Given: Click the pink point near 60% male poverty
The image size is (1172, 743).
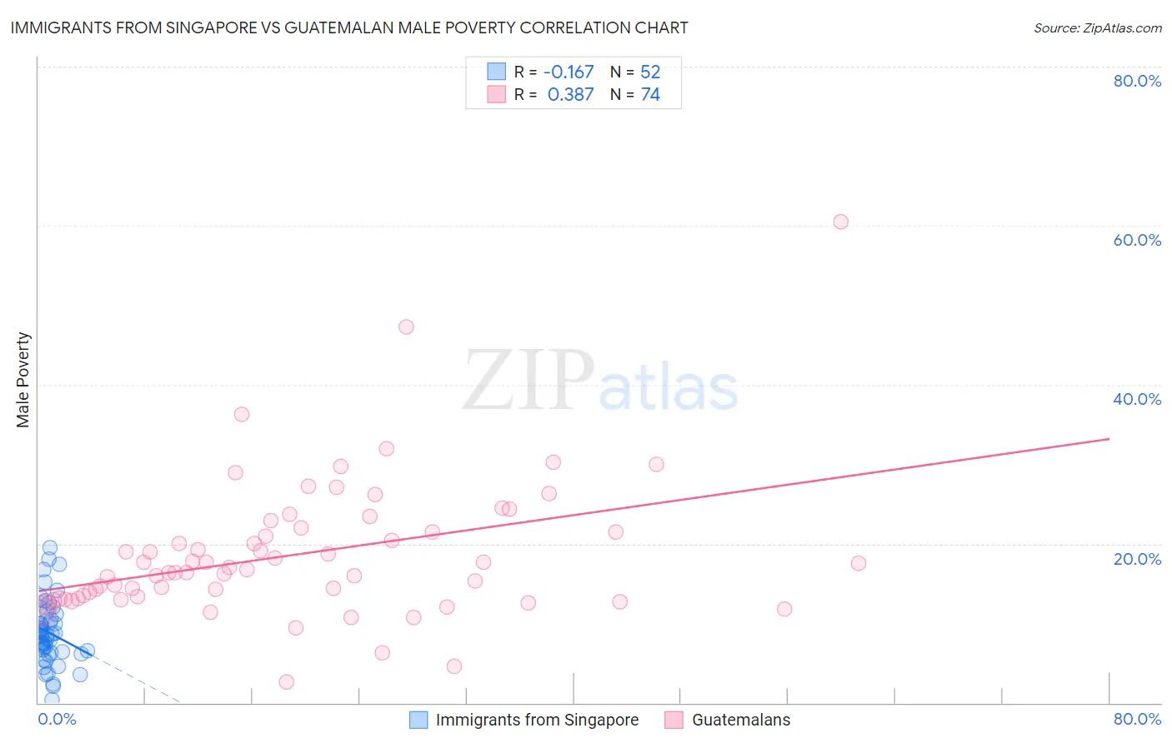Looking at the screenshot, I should point(840,222).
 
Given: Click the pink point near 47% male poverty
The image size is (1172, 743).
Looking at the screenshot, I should point(406,327).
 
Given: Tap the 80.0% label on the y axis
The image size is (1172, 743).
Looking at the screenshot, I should point(1137,81).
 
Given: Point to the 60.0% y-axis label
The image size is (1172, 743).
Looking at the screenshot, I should point(1137,240).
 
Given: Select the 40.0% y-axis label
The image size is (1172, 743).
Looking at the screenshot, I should point(1137,399).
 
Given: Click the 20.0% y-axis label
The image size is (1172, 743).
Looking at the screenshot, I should point(1137,559).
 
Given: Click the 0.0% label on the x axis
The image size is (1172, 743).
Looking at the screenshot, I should point(57,719).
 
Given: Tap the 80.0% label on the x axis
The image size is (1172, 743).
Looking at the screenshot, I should point(1137,719).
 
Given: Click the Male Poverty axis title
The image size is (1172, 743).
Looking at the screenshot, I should point(23,380).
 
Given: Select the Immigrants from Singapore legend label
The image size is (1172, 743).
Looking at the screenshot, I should point(537,720).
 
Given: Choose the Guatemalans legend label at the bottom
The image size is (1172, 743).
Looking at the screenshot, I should point(741,720).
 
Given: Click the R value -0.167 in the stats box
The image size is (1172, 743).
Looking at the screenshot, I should point(568,72).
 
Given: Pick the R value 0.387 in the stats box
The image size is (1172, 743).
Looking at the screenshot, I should point(570,95).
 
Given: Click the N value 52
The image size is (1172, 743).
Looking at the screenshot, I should point(650,72).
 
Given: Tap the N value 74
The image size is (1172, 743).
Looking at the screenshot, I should point(650,95).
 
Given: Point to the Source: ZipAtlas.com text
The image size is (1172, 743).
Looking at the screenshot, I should point(1097,28).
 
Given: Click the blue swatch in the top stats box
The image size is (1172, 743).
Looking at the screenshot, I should point(496,72).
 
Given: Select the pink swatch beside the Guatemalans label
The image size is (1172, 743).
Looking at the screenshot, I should point(674,720).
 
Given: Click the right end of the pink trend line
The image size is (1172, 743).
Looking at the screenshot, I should point(1109,438).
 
